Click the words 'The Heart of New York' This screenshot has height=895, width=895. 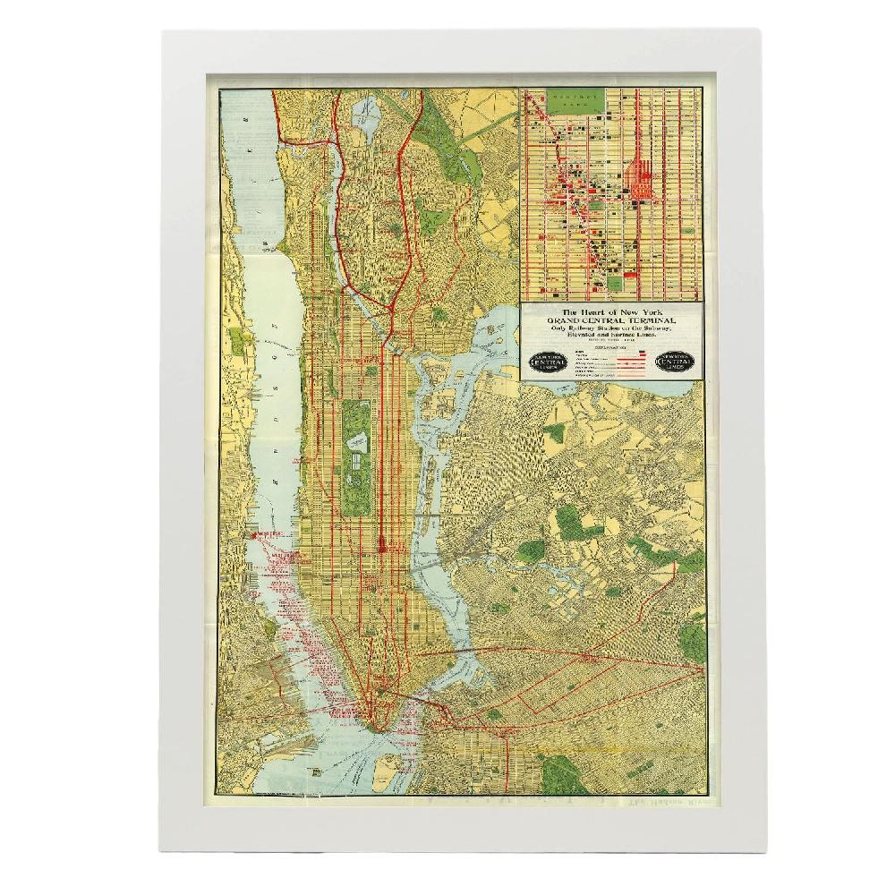pos(611,311)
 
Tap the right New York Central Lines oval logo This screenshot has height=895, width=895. pos(678,362)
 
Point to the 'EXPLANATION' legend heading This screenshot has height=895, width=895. pos(611,343)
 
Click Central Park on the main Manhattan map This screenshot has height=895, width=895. pos(356,456)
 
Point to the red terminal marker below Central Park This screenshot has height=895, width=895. pos(382,543)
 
